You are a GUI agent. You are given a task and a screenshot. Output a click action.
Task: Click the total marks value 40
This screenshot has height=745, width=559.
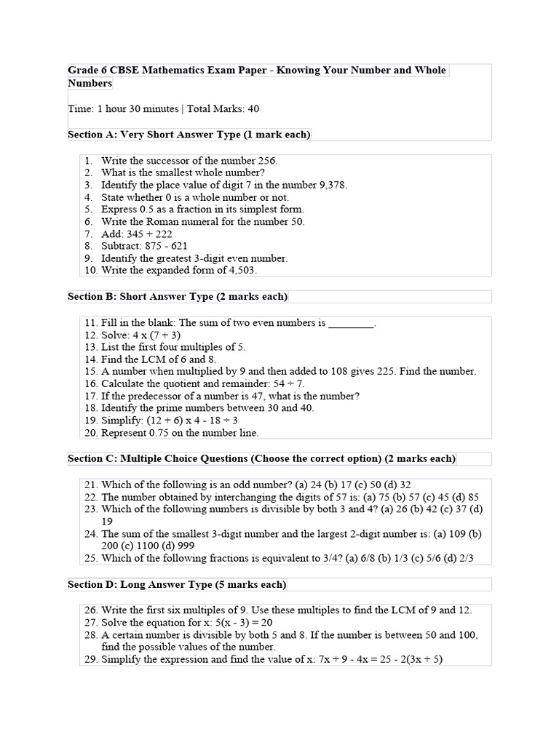tap(253, 108)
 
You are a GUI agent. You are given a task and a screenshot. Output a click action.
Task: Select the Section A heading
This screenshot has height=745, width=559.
tap(189, 134)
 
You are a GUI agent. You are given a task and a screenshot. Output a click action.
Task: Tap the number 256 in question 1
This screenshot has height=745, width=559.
tap(267, 160)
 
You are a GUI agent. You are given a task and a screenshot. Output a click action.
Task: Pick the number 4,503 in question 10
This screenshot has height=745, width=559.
tap(240, 271)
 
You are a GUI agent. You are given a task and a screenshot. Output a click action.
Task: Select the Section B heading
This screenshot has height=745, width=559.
tap(177, 296)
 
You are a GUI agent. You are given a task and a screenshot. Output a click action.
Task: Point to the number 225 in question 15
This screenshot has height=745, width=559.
tap(385, 371)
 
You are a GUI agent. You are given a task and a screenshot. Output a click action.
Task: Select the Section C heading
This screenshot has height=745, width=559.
tap(261, 458)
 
